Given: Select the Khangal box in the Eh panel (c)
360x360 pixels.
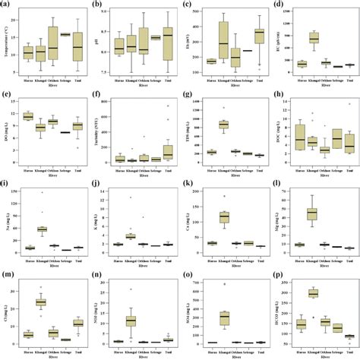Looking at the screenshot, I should pyautogui.click(x=223, y=43).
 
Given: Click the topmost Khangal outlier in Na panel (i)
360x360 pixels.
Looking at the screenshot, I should pyautogui.click(x=42, y=193).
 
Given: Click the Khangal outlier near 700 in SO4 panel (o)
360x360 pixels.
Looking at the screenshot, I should pyautogui.click(x=224, y=284).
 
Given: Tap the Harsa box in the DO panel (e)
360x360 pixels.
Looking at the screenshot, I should pyautogui.click(x=29, y=116).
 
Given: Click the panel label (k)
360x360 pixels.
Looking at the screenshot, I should pyautogui.click(x=188, y=185).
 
